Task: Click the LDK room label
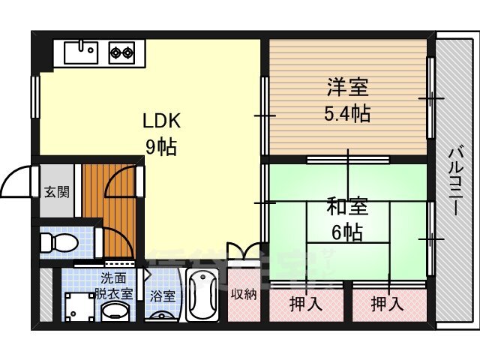(161, 121)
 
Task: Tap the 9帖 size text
(161, 146)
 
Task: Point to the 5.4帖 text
(347, 114)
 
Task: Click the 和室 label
(346, 205)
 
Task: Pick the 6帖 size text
(346, 232)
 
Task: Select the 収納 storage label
(244, 295)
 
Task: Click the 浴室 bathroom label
(163, 295)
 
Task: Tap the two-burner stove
(121, 52)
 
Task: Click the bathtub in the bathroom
(202, 296)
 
